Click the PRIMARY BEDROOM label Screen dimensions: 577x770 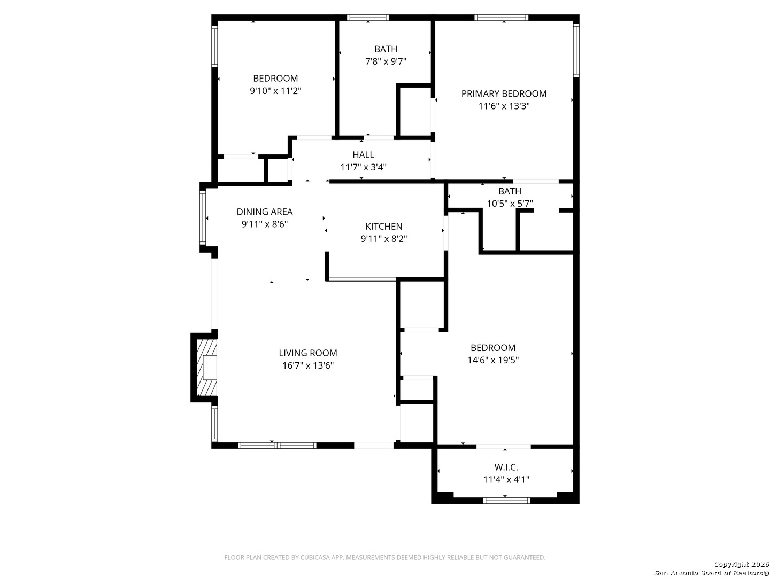click(504, 93)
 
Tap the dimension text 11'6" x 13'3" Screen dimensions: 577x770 click(504, 106)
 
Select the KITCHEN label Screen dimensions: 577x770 click(384, 227)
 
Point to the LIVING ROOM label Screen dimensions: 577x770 click(308, 353)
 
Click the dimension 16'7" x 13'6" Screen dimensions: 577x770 click(308, 365)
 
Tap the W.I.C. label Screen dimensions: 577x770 click(506, 467)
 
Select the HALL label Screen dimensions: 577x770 click(363, 154)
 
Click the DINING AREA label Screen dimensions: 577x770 click(265, 212)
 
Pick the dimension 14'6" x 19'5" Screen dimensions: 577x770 click(493, 360)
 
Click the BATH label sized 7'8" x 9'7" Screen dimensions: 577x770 click(386, 49)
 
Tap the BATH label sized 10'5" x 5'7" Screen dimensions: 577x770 click(510, 191)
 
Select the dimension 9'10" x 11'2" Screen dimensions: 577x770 click(275, 91)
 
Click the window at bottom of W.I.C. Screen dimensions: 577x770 click(506, 501)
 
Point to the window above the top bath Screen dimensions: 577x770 click(368, 18)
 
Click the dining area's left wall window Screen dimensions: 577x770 click(203, 218)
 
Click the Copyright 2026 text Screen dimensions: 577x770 click(741, 564)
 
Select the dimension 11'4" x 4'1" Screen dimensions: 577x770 click(506, 480)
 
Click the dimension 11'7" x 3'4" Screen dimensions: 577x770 click(363, 167)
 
